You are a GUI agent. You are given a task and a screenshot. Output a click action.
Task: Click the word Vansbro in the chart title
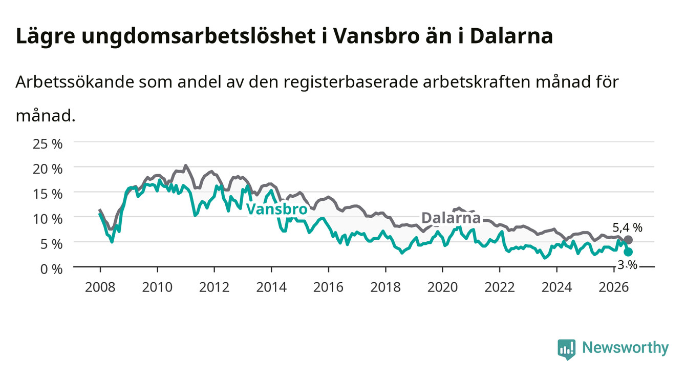click(x=376, y=36)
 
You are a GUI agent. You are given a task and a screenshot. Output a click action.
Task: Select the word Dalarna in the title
click(x=511, y=36)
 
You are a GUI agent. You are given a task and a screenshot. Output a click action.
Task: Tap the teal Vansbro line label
click(x=276, y=210)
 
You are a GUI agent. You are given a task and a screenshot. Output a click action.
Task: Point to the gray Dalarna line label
click(x=451, y=218)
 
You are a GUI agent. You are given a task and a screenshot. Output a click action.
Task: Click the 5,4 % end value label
click(x=628, y=227)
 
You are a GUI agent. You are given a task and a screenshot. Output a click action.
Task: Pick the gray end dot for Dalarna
click(x=628, y=240)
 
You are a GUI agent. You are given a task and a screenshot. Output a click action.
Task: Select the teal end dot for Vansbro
click(x=628, y=252)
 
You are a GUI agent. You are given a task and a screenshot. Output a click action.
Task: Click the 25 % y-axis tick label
click(x=48, y=144)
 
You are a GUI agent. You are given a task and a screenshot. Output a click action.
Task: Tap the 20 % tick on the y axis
click(x=48, y=169)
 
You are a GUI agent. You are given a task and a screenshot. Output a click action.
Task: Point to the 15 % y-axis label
click(x=48, y=194)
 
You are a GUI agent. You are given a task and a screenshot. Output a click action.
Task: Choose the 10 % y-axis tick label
click(x=48, y=219)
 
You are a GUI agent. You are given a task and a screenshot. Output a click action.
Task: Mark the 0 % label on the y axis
click(x=51, y=269)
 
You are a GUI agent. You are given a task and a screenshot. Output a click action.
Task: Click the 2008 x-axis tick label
click(x=100, y=287)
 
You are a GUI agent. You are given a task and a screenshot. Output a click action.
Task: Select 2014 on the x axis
click(x=271, y=287)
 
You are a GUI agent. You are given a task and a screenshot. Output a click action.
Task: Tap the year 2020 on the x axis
click(x=442, y=287)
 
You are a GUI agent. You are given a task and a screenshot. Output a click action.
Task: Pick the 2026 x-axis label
click(x=614, y=287)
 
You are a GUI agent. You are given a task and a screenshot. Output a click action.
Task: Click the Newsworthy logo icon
click(x=567, y=349)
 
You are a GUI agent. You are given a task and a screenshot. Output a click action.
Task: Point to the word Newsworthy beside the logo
click(x=626, y=348)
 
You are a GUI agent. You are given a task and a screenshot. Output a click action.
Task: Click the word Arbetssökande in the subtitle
click(x=75, y=82)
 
